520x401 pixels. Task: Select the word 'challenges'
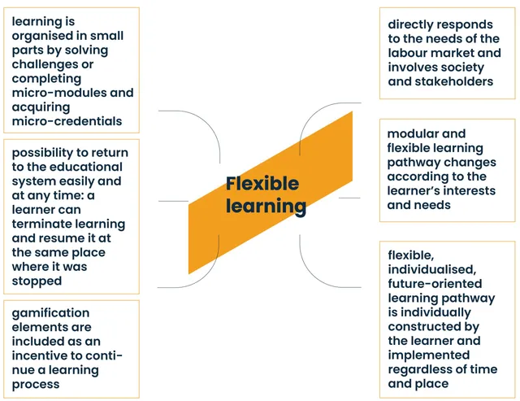tap(45, 64)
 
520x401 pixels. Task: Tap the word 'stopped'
tap(37, 281)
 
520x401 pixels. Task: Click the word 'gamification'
tap(50, 312)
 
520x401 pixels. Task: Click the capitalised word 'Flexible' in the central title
tap(262, 184)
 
